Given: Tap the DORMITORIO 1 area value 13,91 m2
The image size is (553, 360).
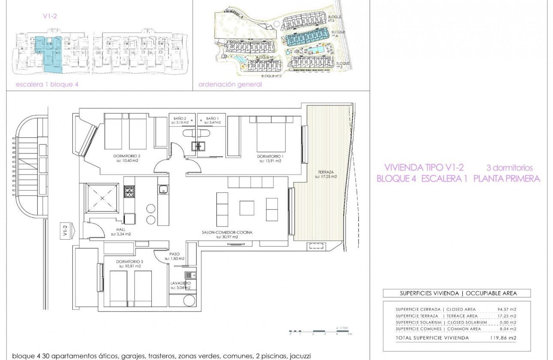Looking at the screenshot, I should click(270, 161).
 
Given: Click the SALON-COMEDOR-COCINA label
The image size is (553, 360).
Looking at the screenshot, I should click(227, 232).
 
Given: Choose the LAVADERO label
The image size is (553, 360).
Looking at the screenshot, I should click(180, 283).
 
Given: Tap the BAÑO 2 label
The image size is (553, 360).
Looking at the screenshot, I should click(180, 118).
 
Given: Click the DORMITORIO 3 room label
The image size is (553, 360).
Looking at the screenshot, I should click(128, 261).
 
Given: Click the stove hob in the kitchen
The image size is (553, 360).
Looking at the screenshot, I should click(129, 192).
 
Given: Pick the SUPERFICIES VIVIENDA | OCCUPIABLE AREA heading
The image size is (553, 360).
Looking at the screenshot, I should click(457, 294).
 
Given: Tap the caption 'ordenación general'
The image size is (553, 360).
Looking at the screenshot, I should click(230, 84).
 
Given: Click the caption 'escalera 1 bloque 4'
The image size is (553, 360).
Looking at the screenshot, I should click(47, 84).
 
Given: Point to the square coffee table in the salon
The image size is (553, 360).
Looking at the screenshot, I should click(247, 208).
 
